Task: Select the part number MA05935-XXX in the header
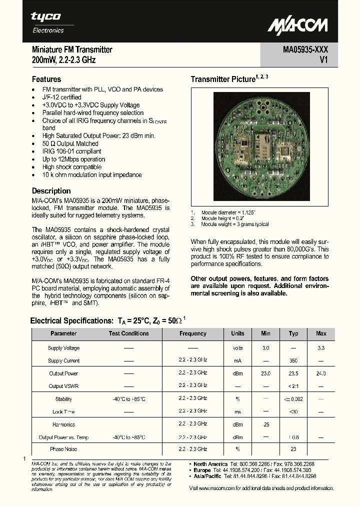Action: (302, 49)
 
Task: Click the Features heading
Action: (46, 79)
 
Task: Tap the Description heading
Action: (51, 190)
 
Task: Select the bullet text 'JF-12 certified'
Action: (62, 97)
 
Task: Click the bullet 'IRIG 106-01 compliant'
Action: (71, 151)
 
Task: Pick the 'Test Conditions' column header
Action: (129, 333)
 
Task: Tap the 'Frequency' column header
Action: (192, 333)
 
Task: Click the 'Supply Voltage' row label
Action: (63, 348)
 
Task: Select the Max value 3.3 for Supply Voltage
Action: (321, 348)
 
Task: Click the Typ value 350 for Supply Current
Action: (293, 360)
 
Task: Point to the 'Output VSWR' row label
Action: (63, 386)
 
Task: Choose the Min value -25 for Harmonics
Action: (265, 424)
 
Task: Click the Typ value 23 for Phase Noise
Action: (293, 449)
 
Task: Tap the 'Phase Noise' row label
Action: (63, 449)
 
